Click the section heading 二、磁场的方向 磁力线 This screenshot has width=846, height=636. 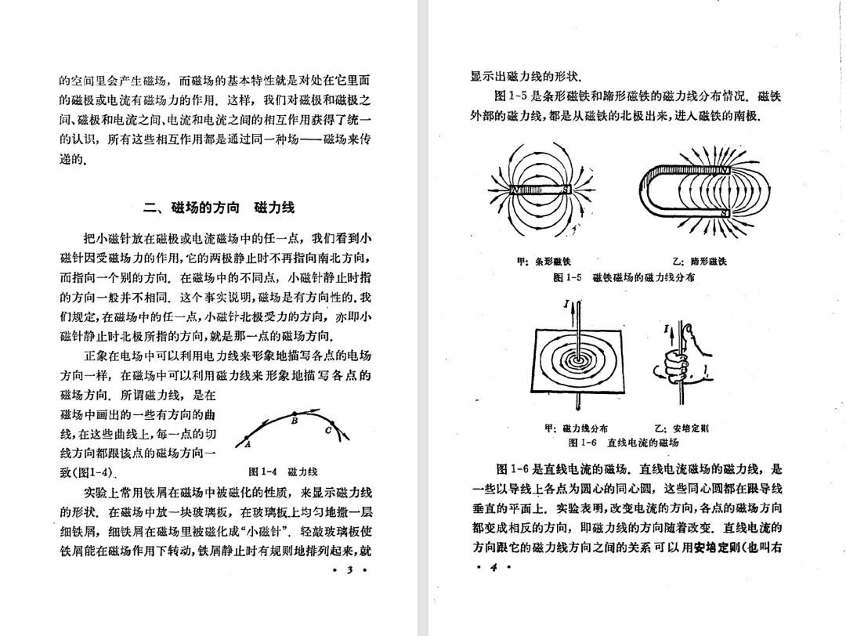tap(219, 208)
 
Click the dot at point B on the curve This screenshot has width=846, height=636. tap(295, 414)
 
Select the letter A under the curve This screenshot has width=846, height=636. tap(246, 445)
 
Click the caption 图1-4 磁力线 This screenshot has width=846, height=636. tap(283, 472)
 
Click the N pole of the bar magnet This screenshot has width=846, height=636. tap(514, 189)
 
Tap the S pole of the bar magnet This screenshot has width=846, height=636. tap(566, 189)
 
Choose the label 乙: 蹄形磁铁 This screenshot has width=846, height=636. tap(699, 262)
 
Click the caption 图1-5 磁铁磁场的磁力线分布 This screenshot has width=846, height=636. tap(624, 277)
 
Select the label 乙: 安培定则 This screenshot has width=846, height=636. tap(681, 428)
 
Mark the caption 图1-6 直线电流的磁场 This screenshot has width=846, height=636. tap(624, 443)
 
